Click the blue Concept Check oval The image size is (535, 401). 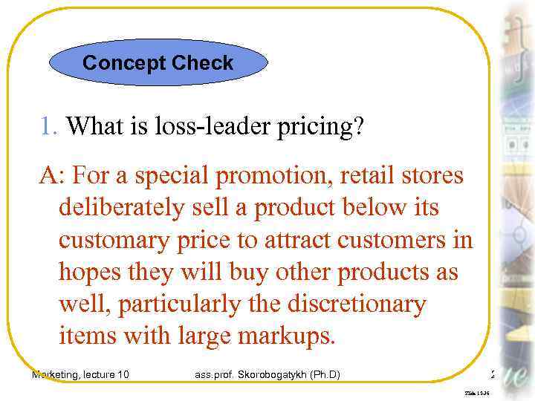158,63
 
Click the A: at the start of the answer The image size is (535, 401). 53,177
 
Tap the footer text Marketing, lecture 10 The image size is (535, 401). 80,374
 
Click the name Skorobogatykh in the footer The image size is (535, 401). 265,374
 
